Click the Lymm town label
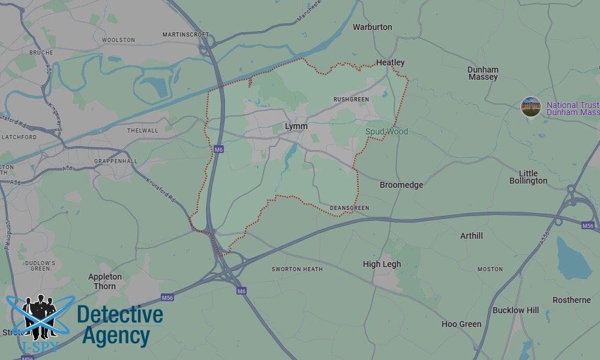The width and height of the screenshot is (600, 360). coord(297,126)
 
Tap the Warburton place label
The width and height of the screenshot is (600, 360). coord(372,27)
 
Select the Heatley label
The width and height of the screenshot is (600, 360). coord(390,62)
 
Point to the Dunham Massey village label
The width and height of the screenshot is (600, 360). coord(483,73)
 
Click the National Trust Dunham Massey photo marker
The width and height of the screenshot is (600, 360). coord(531,107)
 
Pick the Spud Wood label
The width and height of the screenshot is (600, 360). coord(387,131)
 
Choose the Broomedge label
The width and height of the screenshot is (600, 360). coord(401,185)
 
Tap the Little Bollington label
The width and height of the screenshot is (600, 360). coord(528,177)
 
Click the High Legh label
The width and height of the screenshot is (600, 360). coord(382,264)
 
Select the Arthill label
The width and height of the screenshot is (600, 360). coord(472,236)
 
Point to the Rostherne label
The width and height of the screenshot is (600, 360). coord(571,300)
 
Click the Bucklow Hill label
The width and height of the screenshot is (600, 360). coord(515,310)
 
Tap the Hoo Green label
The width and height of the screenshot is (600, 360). coord(461,324)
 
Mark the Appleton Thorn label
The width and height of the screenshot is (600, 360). coord(105,281)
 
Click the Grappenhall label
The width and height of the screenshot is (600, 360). coord(116,161)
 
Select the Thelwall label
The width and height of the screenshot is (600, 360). coord(142,130)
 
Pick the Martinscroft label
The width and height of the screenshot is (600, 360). coord(185,35)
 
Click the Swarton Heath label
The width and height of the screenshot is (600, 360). coord(297,269)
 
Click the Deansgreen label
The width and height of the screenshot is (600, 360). coord(349,208)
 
